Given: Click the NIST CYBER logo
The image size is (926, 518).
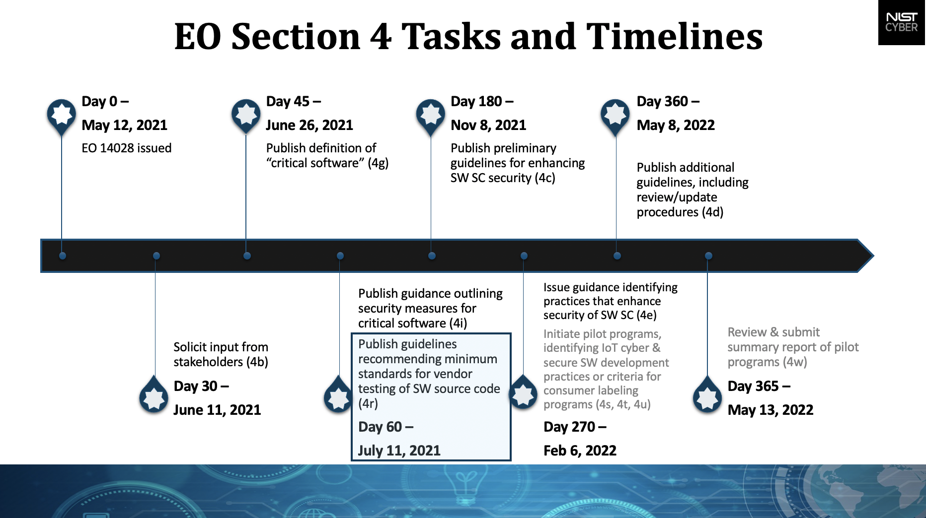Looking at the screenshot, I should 901,22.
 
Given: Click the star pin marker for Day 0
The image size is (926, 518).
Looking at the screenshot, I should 61,114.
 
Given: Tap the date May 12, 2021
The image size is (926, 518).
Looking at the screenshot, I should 124,125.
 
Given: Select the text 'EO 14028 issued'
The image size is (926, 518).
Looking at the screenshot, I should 126,148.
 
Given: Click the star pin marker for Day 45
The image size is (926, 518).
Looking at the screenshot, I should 246,114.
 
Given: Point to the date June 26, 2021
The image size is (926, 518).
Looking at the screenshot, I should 309,125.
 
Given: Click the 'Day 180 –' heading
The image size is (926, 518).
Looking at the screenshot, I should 481,101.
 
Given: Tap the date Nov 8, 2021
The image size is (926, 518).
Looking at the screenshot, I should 488,125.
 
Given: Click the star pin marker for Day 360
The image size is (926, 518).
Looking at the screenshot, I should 615,114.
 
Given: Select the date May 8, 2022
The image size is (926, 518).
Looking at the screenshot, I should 675,125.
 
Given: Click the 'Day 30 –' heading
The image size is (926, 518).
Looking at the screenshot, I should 201,386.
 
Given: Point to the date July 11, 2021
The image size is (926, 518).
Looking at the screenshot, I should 399,451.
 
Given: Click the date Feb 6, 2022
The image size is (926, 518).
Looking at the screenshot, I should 580,451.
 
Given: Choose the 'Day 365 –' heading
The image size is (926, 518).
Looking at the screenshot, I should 759,386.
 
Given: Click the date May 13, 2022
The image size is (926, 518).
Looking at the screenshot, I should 770,410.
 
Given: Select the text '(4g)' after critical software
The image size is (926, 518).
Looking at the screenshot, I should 378,163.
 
